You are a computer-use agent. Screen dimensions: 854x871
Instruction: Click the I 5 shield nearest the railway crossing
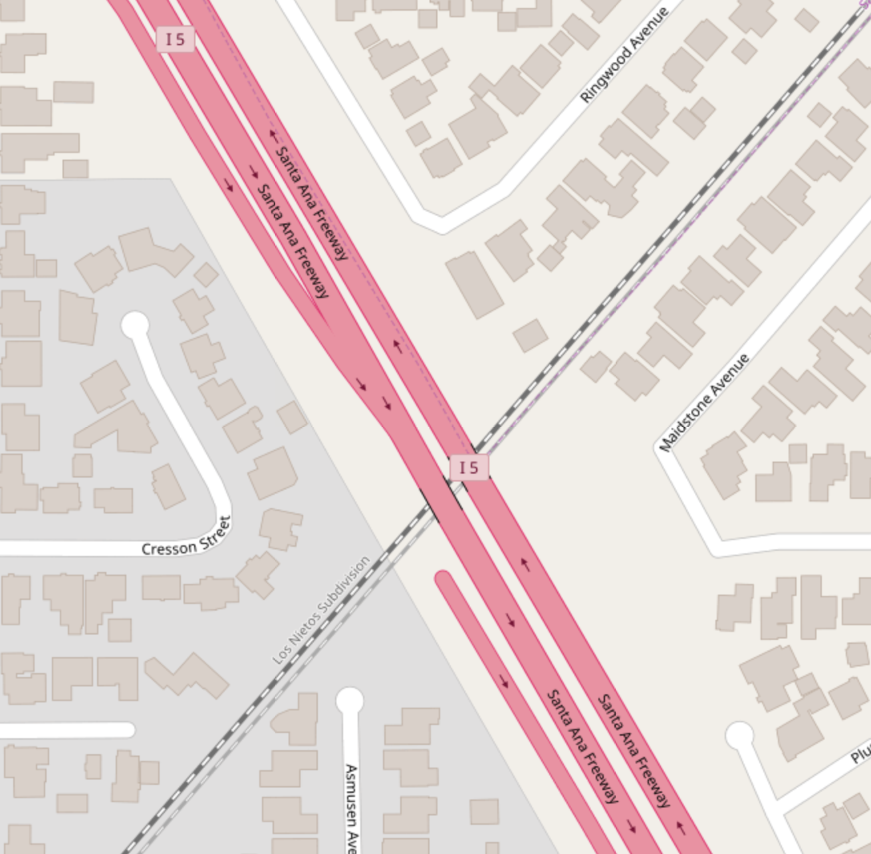point(469,468)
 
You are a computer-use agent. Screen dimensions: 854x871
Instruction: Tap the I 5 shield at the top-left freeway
point(176,40)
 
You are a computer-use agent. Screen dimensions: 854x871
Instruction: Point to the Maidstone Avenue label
point(704,404)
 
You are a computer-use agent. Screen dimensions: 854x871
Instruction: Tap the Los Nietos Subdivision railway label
point(321,611)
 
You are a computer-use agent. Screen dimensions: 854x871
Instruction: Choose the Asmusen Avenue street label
point(351,808)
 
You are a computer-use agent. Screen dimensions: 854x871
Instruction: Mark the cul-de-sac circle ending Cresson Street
point(136,325)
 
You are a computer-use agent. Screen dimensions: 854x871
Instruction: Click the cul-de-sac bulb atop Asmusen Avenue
point(350,700)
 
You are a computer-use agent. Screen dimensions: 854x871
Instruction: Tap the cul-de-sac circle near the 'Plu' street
point(739,736)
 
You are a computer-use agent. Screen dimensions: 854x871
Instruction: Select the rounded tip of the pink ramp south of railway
point(443,577)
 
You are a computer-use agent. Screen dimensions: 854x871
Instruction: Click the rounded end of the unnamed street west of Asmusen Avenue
point(128,730)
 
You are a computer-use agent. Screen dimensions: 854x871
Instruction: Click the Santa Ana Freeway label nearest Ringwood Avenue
point(312,203)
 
